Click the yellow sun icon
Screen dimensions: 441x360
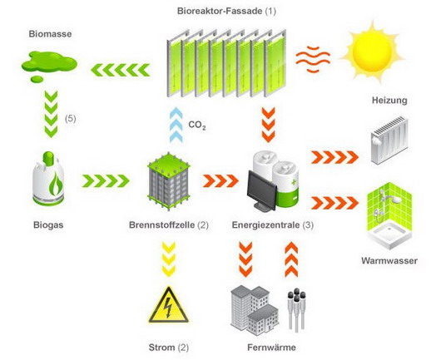(x=373, y=51)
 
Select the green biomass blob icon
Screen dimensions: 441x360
(x=49, y=66)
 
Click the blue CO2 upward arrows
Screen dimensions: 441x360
(x=176, y=125)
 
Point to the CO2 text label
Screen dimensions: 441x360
(x=197, y=126)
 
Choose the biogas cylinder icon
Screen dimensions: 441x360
(x=48, y=179)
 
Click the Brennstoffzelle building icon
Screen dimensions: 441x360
(x=169, y=181)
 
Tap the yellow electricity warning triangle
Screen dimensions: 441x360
(x=169, y=305)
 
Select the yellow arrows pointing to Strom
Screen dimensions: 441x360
(x=169, y=259)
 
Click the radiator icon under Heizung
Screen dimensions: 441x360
(x=389, y=141)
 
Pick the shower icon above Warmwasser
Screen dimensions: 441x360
(x=389, y=216)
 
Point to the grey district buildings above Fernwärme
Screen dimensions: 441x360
(x=255, y=310)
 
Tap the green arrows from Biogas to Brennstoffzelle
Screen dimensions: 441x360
(x=106, y=181)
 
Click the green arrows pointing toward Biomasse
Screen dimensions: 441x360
(x=121, y=70)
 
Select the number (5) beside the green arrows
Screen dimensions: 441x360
(x=71, y=119)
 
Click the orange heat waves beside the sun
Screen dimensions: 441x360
(x=313, y=59)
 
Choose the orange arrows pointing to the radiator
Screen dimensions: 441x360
(x=334, y=157)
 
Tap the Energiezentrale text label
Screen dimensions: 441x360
(x=266, y=225)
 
